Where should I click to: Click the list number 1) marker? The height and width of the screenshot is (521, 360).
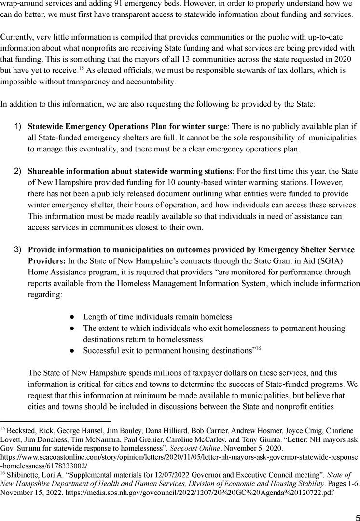click(17, 126)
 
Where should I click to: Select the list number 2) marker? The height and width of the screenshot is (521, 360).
click(17, 171)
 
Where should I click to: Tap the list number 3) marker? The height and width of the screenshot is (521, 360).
click(17, 249)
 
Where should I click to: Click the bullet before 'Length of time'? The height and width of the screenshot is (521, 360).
click(71, 317)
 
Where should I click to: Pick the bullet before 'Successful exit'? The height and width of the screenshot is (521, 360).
click(71, 350)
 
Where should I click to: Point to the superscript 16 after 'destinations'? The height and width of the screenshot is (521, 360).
click(258, 348)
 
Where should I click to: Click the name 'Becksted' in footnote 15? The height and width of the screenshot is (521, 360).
click(20, 430)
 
